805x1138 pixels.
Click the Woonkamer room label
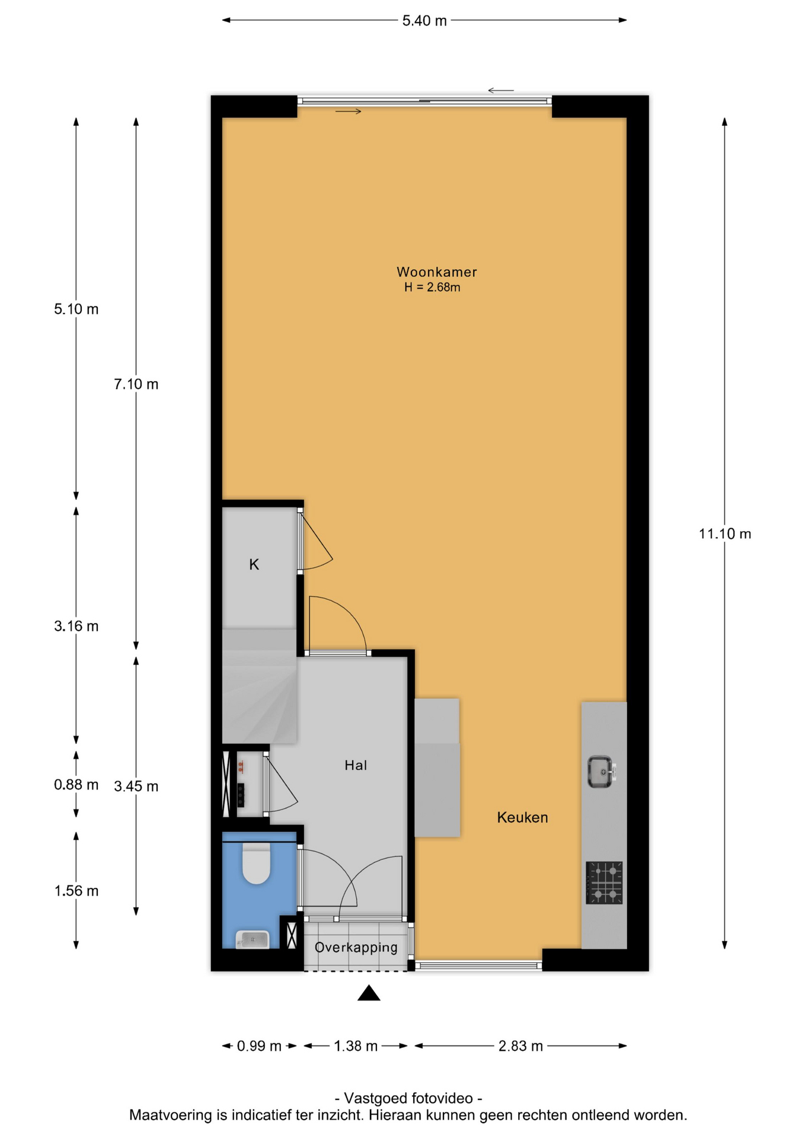[x=436, y=272]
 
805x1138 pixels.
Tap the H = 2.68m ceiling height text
[x=432, y=287]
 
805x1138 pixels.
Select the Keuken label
[x=522, y=817]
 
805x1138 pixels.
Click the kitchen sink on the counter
[x=602, y=772]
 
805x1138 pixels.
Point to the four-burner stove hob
[x=604, y=883]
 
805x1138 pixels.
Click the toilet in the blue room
[x=256, y=863]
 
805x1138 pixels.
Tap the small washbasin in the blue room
[x=253, y=939]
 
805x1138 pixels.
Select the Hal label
[x=356, y=765]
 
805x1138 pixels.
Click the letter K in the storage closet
[x=254, y=564]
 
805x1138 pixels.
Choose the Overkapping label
[x=356, y=947]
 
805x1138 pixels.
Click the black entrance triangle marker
[x=369, y=993]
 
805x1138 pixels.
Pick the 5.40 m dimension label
[x=424, y=21]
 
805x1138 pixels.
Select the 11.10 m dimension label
[x=724, y=534]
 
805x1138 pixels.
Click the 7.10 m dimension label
[x=136, y=384]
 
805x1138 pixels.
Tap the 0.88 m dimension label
[x=76, y=785]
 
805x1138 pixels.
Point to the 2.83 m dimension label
[x=520, y=1046]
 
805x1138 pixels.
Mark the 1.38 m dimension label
[x=356, y=1046]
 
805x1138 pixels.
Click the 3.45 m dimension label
[x=136, y=787]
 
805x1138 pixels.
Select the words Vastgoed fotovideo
[x=408, y=1098]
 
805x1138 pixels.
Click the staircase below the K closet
[x=259, y=686]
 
